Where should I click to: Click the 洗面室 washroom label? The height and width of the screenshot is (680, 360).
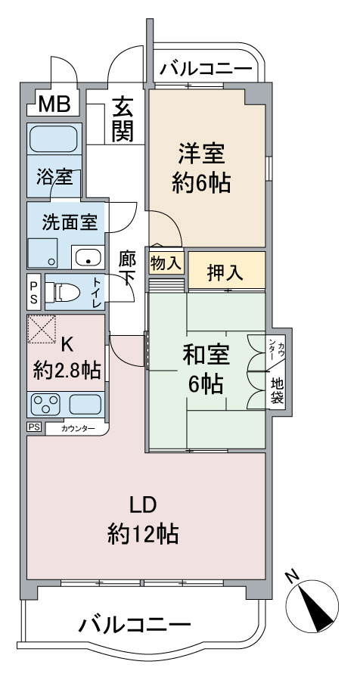click(67, 223)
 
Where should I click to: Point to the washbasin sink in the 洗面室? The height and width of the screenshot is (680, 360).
click(88, 258)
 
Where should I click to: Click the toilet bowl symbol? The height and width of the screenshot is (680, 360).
click(63, 292)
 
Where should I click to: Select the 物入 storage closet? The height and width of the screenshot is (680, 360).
click(166, 262)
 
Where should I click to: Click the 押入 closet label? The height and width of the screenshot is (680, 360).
click(225, 274)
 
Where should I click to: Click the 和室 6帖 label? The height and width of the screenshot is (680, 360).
click(206, 369)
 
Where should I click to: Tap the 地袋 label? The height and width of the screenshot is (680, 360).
click(277, 391)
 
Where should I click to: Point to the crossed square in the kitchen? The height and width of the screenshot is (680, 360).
click(42, 329)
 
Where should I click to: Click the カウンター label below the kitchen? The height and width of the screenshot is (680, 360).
click(78, 429)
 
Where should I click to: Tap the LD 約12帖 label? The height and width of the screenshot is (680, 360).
click(142, 521)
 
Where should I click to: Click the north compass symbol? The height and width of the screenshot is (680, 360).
click(312, 606)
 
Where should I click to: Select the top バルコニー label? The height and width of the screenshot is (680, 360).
click(205, 69)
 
